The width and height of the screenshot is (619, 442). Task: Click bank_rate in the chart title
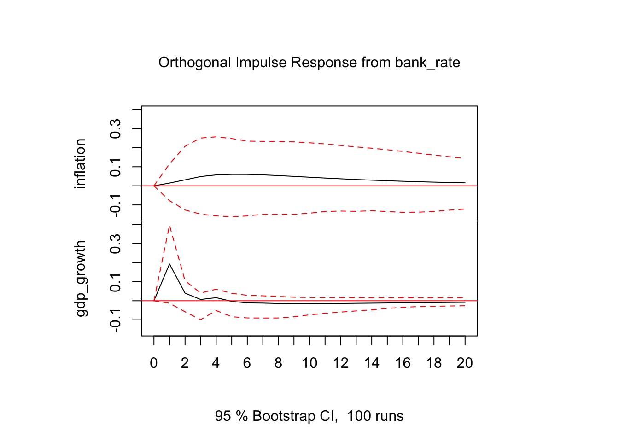tap(427, 63)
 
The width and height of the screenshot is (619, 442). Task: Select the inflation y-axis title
tap(80, 163)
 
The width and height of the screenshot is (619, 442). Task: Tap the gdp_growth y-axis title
tap(80, 279)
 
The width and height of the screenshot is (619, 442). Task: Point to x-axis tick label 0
tap(154, 363)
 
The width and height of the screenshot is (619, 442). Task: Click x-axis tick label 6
tap(247, 363)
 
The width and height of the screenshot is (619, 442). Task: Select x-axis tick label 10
tap(309, 363)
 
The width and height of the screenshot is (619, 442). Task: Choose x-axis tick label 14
tap(372, 363)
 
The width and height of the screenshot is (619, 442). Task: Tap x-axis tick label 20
tap(465, 363)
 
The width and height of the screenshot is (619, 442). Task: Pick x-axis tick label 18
tap(434, 363)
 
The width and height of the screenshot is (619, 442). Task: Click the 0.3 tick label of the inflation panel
tap(115, 128)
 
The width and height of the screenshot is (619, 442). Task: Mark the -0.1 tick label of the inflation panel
tap(115, 205)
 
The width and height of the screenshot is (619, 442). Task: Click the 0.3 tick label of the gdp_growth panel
tap(115, 244)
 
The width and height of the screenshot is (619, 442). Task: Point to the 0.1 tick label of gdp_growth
tap(115, 282)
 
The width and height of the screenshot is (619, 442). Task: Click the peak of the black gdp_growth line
tap(169, 264)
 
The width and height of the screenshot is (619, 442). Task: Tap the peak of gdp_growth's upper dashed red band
tap(170, 226)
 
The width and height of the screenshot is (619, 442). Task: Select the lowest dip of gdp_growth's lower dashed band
tap(201, 320)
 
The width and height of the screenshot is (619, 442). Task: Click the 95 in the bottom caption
tap(223, 416)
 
